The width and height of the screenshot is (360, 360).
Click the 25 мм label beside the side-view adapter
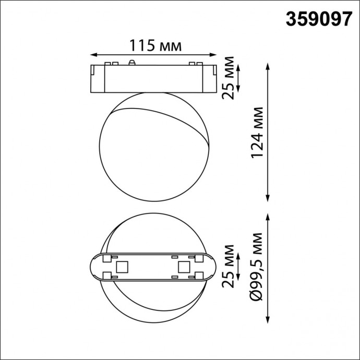(227, 78)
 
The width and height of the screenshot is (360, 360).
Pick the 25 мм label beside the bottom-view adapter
(227, 266)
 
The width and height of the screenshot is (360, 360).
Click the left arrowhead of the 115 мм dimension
(93, 54)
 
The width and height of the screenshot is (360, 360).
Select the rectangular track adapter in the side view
(153, 79)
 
